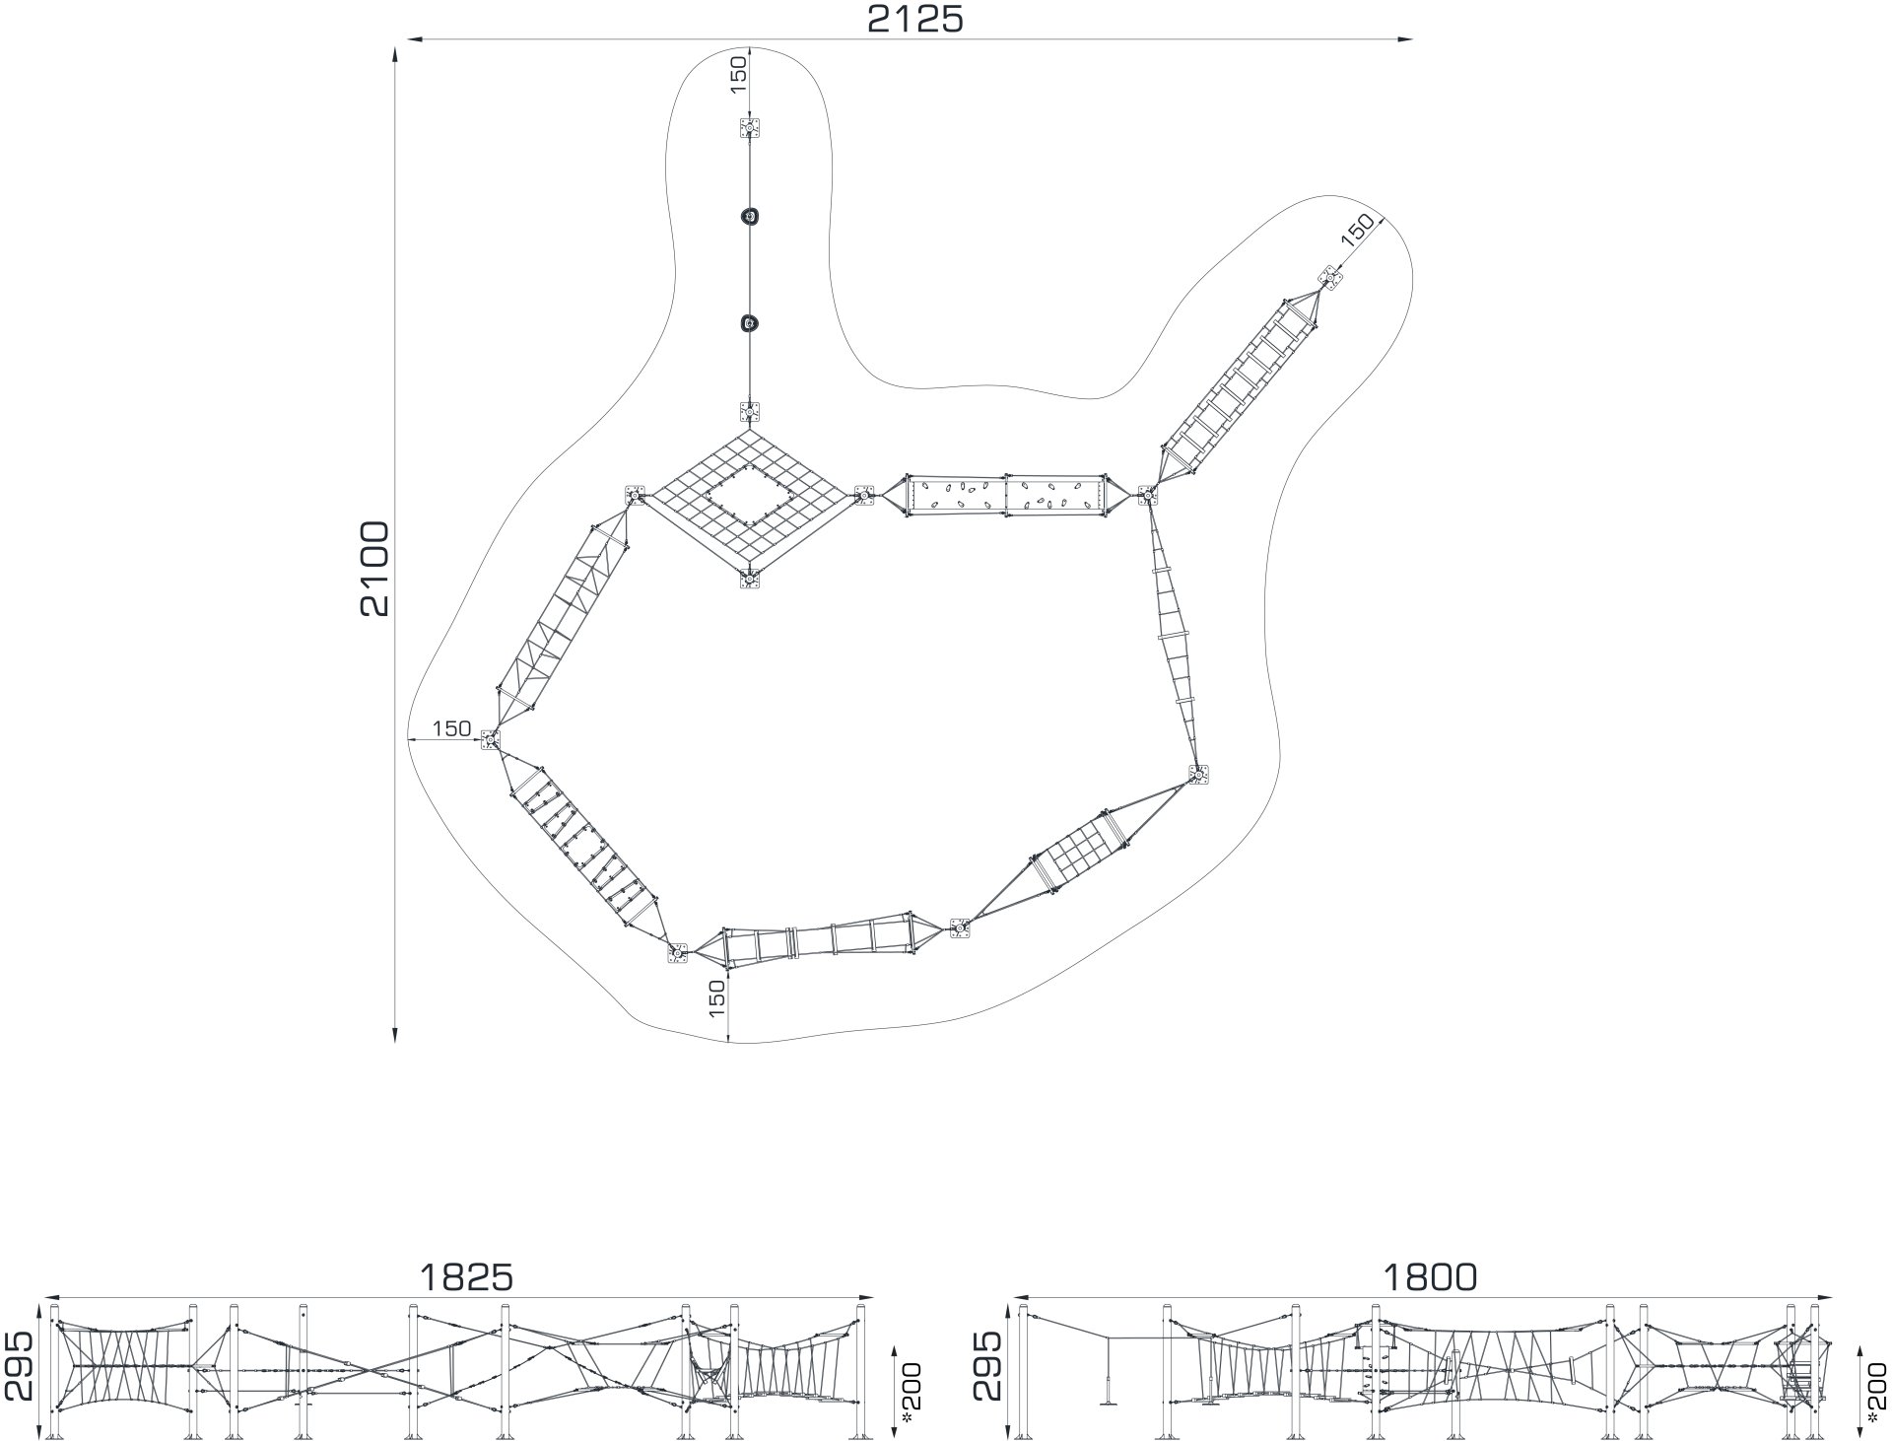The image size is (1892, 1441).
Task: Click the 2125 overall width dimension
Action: pyautogui.click(x=914, y=19)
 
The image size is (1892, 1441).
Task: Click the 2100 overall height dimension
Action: pyautogui.click(x=374, y=569)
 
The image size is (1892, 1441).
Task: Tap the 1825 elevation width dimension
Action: pyautogui.click(x=466, y=1277)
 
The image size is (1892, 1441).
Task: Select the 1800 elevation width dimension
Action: pyautogui.click(x=1430, y=1277)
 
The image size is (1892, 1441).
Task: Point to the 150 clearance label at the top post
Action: pyautogui.click(x=739, y=75)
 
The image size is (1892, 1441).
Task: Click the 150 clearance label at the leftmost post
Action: pyautogui.click(x=451, y=728)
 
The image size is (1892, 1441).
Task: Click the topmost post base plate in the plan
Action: pyautogui.click(x=750, y=129)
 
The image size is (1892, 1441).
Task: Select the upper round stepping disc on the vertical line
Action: pyautogui.click(x=750, y=217)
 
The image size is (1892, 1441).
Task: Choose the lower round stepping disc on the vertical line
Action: pyautogui.click(x=750, y=322)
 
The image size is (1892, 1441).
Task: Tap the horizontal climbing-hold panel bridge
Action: pyautogui.click(x=1005, y=495)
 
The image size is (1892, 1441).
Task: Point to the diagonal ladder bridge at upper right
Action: pyautogui.click(x=1241, y=386)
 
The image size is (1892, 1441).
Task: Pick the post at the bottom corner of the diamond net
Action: pyautogui.click(x=750, y=579)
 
